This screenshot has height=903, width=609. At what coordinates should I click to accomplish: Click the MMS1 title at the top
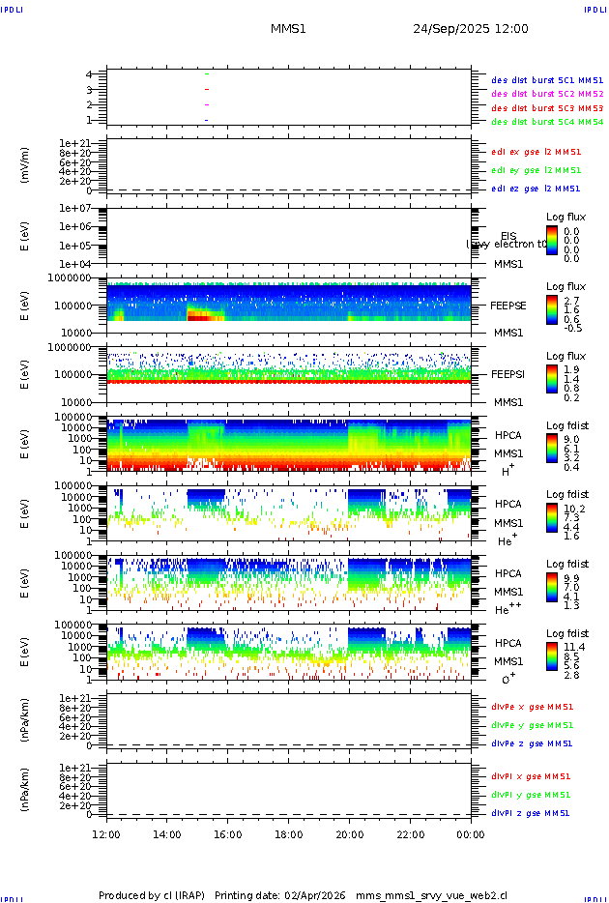click(x=288, y=29)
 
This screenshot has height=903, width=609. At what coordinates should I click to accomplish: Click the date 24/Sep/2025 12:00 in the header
click(x=470, y=29)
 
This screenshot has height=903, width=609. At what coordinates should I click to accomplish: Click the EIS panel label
click(x=508, y=236)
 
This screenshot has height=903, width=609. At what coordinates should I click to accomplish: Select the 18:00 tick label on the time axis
click(x=288, y=833)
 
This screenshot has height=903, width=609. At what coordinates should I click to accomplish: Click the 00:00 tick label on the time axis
click(x=470, y=833)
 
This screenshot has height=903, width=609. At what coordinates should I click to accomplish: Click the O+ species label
click(x=508, y=679)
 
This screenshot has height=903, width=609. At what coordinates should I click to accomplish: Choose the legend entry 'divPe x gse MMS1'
click(x=531, y=707)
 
